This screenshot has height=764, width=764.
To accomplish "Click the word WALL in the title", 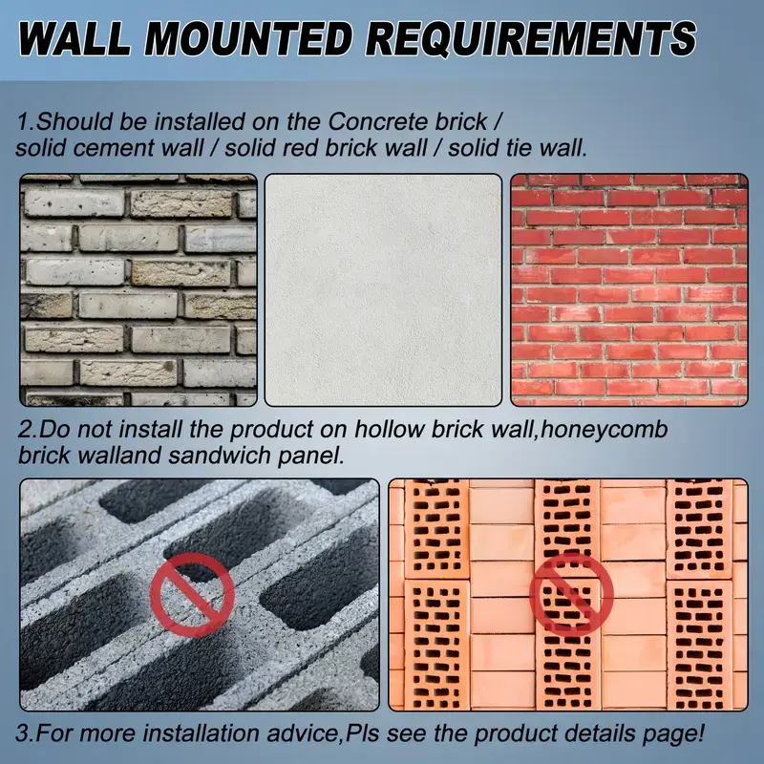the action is [75, 38].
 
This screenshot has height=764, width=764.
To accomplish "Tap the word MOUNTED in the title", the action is [248, 38].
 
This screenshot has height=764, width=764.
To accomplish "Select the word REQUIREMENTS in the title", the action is [531, 38].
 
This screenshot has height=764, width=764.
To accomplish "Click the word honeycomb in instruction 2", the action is [605, 431].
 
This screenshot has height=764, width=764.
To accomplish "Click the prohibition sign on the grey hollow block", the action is [193, 594].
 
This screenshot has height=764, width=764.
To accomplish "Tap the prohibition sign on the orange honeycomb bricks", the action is [571, 594].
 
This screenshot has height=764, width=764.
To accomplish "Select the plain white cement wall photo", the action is [383, 290].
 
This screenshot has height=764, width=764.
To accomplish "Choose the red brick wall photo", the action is [629, 290].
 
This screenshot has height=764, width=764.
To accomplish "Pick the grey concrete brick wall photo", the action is [138, 290].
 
